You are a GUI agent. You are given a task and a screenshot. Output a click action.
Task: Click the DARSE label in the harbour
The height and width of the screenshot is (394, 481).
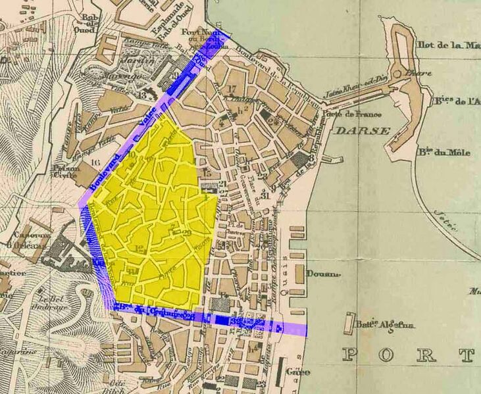click(x=363, y=131)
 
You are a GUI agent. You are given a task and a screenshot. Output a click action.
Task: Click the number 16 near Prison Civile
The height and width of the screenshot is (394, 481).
click(x=97, y=161)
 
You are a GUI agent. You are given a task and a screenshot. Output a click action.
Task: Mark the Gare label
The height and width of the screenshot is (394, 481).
click(x=299, y=372)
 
